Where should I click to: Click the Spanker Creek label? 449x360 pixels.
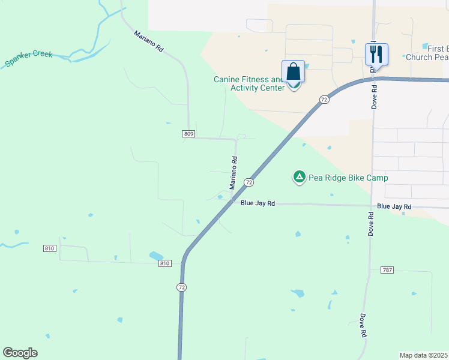(x=29, y=58)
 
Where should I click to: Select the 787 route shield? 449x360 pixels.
(x=387, y=271)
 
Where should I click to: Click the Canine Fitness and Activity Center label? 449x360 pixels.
(x=249, y=83)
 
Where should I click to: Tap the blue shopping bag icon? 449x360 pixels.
(x=293, y=71)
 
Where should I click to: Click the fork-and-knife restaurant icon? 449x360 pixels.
(x=376, y=55)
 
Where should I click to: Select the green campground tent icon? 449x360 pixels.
(x=299, y=176)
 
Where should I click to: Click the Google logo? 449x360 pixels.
(x=20, y=353)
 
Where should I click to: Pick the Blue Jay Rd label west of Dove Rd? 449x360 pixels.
(x=258, y=203)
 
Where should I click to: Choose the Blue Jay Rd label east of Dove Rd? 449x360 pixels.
(x=394, y=206)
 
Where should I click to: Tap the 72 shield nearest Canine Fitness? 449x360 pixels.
(x=324, y=100)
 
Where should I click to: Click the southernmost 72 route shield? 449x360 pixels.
(x=181, y=288)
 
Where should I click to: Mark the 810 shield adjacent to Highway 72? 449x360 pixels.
(x=166, y=263)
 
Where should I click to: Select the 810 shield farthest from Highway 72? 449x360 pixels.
(x=49, y=248)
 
